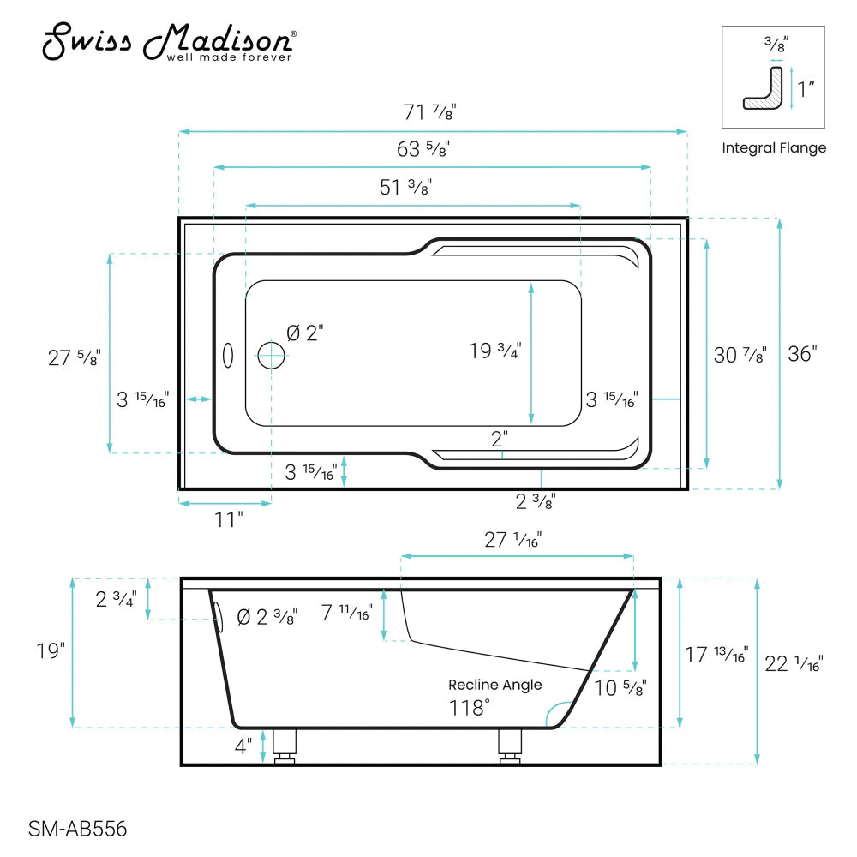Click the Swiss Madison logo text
tap(170, 43)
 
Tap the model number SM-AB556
tap(78, 829)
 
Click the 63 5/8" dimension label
tap(423, 148)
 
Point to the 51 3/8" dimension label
tap(405, 188)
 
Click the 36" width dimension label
tap(803, 353)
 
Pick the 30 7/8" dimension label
tap(740, 353)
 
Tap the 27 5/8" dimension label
tap(73, 357)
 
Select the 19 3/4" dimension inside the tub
tap(494, 351)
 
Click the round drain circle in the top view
tap(272, 355)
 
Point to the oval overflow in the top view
tap(228, 356)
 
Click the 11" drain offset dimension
tap(229, 518)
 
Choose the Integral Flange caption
tap(774, 147)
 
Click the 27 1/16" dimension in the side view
tap(513, 539)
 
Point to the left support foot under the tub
tap(285, 745)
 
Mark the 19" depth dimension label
tap(51, 650)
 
